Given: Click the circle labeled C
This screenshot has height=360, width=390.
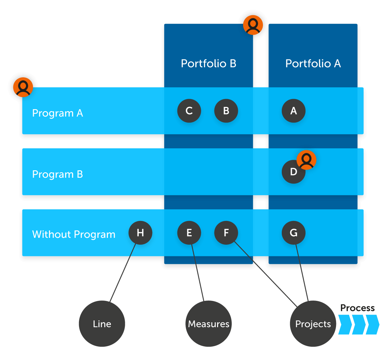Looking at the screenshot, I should (189, 111).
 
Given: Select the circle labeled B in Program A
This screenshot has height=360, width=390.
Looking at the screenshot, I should (226, 111).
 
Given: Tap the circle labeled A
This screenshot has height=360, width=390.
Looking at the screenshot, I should (293, 111).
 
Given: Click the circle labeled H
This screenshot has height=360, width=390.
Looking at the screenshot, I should (140, 233).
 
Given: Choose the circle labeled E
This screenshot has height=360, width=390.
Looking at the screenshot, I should (189, 233).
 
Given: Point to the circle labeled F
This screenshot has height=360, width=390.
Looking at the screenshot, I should (226, 233).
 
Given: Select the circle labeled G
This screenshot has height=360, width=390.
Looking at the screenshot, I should (293, 233).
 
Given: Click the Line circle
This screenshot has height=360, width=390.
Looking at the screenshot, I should (102, 324).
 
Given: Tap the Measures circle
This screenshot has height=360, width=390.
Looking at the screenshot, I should (209, 324).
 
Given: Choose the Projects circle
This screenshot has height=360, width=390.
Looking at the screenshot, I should (313, 324).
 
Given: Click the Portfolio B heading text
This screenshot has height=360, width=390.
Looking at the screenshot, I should (209, 63).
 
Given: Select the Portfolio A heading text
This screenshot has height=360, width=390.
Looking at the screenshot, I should (313, 63).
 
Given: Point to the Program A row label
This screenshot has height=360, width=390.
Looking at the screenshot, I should (58, 113).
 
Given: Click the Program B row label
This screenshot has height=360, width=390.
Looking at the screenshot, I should (58, 174).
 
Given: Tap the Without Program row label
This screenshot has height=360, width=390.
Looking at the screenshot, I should (74, 234).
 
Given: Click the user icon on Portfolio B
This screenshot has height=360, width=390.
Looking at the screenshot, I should (253, 25).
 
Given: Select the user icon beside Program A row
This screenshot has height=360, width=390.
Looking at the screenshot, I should (23, 87).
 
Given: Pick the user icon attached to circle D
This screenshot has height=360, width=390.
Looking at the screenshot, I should (306, 160).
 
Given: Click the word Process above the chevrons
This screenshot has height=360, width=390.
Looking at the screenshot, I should (357, 308).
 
